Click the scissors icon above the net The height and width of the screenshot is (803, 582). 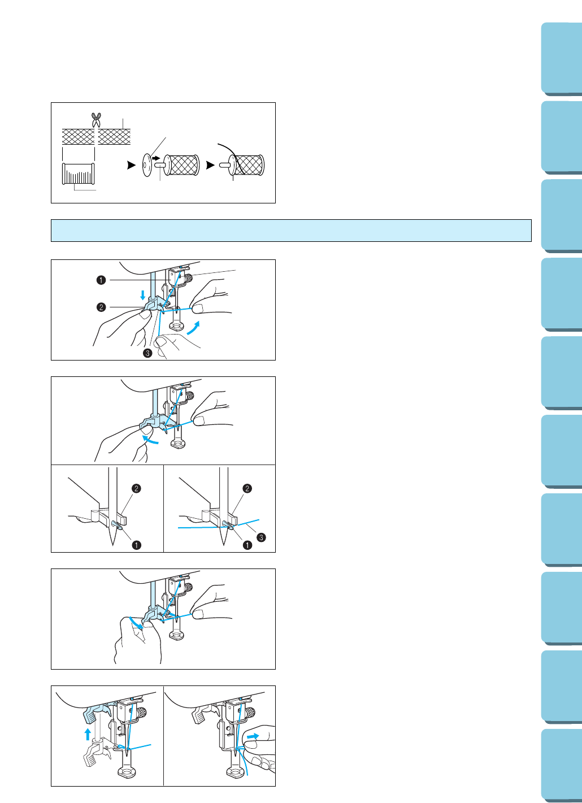pos(96,119)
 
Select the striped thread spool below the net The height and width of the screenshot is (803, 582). pos(78,173)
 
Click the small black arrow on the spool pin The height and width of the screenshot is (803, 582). pos(157,158)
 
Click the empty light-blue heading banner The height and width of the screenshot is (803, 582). pos(291,231)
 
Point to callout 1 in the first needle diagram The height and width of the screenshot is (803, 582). pos(101,280)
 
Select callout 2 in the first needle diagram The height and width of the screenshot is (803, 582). pos(101,307)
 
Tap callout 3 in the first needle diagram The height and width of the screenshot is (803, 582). pos(147,353)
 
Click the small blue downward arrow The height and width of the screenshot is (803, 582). pos(143,294)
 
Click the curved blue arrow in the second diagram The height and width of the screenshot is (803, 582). pos(150,439)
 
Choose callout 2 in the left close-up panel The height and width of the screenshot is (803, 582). pos(136,488)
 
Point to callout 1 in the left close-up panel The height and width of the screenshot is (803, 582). pos(136,545)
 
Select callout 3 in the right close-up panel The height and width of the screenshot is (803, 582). pos(261,537)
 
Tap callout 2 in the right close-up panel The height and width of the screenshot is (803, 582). pos(247,488)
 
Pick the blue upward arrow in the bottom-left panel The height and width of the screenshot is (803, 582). pos(88,734)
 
